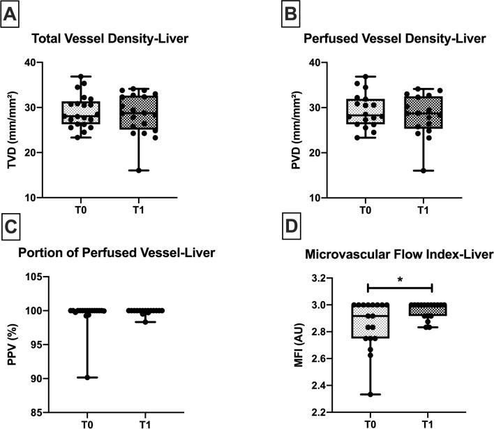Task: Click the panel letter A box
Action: tap(12, 12)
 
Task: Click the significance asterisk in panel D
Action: tap(399, 279)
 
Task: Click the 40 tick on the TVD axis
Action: tap(47, 63)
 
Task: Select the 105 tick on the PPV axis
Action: tap(45, 276)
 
